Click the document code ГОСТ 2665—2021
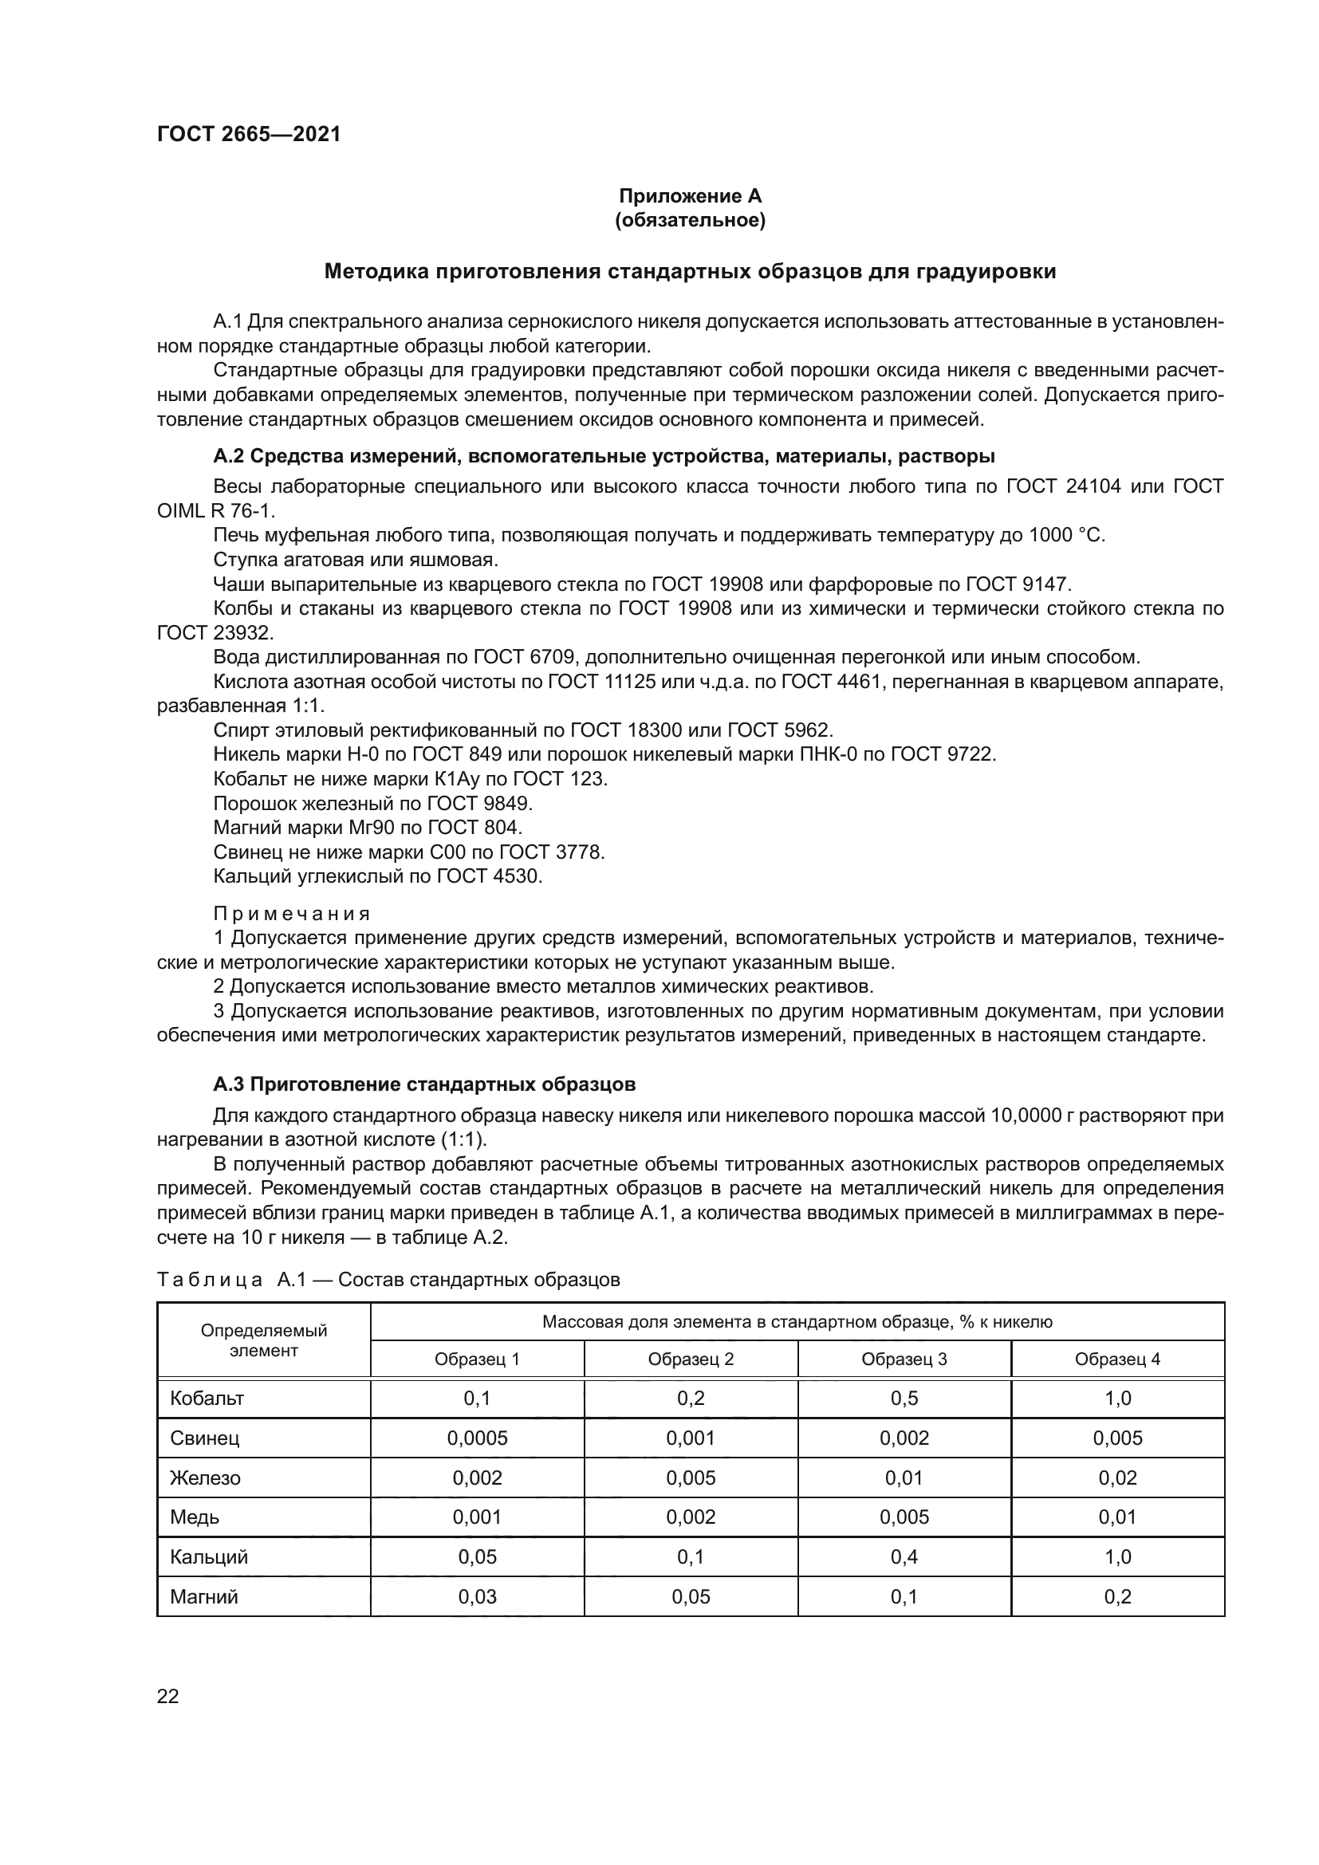(x=249, y=134)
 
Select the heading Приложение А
(x=690, y=196)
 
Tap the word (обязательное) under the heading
(x=690, y=220)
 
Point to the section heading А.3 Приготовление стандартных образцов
(x=424, y=1084)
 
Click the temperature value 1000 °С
(x=1066, y=535)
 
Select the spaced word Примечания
(x=292, y=914)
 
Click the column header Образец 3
(x=904, y=1359)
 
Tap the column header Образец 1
(x=477, y=1359)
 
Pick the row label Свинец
(x=205, y=1438)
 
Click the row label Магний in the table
(x=204, y=1597)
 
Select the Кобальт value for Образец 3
(x=904, y=1399)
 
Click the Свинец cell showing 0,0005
(x=477, y=1438)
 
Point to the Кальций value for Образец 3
(x=904, y=1557)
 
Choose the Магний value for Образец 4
(x=1117, y=1597)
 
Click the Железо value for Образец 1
(x=477, y=1478)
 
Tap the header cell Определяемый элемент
(x=264, y=1340)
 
